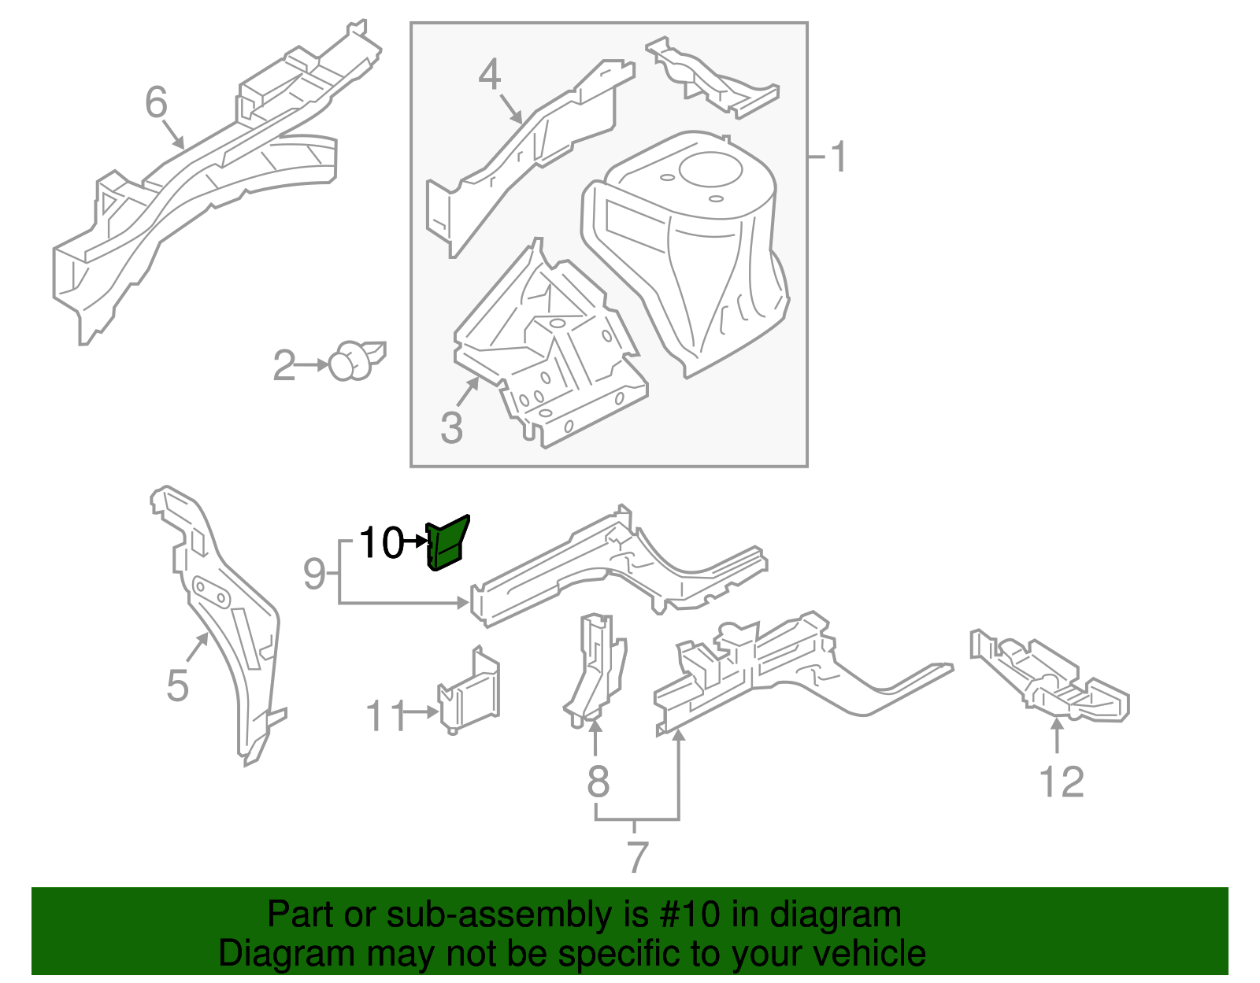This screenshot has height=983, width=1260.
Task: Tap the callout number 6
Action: [157, 102]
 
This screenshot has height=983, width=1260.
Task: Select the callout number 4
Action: [490, 76]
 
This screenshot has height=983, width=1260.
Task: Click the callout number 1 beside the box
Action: [839, 157]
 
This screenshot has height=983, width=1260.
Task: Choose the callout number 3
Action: [451, 428]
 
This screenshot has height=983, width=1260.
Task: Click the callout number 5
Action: [178, 686]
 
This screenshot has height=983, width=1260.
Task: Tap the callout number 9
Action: [314, 574]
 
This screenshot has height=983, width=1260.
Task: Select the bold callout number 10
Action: [381, 543]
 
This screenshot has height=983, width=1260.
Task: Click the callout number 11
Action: [385, 716]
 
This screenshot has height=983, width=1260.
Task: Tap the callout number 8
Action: [598, 782]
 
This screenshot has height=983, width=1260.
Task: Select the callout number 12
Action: [1062, 782]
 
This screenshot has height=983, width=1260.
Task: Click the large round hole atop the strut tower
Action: [710, 170]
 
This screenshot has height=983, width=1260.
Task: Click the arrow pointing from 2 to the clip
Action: [313, 365]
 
